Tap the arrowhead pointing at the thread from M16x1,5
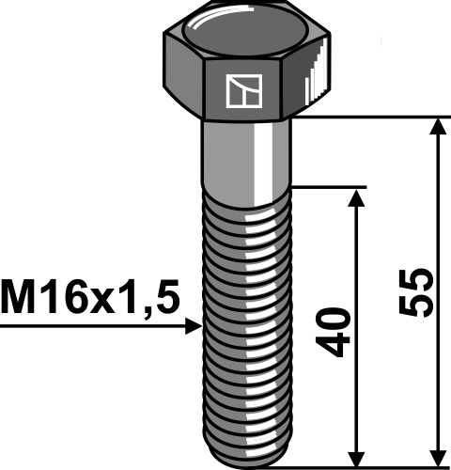click(x=194, y=325)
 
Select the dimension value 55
click(x=420, y=292)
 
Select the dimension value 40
click(x=339, y=331)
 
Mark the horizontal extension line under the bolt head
click(x=376, y=118)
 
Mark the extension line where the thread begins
click(x=329, y=186)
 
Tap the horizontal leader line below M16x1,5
click(x=94, y=325)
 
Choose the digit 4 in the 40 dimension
click(x=339, y=345)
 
